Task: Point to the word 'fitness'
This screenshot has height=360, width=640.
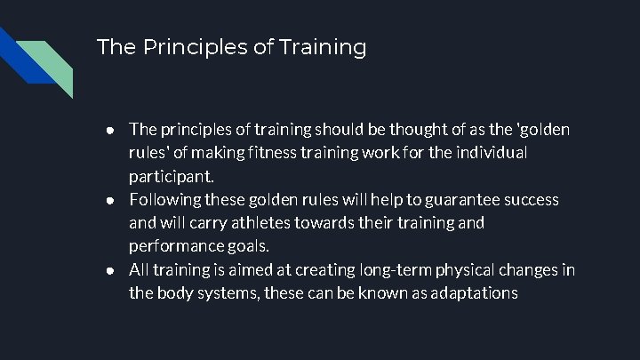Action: click(x=289, y=153)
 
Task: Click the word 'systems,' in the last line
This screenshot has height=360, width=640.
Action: click(x=230, y=292)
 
